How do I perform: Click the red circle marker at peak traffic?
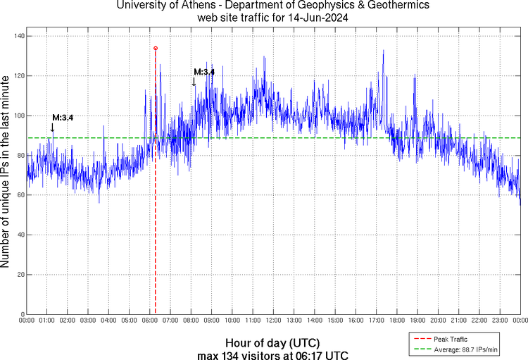point(155,48)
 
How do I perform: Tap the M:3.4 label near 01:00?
point(63,117)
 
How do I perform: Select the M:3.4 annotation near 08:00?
point(204,72)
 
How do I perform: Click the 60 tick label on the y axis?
point(19,195)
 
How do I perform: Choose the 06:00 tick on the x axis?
point(150,321)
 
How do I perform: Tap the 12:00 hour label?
point(273,321)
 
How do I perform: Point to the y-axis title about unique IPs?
point(6,174)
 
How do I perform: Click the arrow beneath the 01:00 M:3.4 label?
point(52,128)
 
